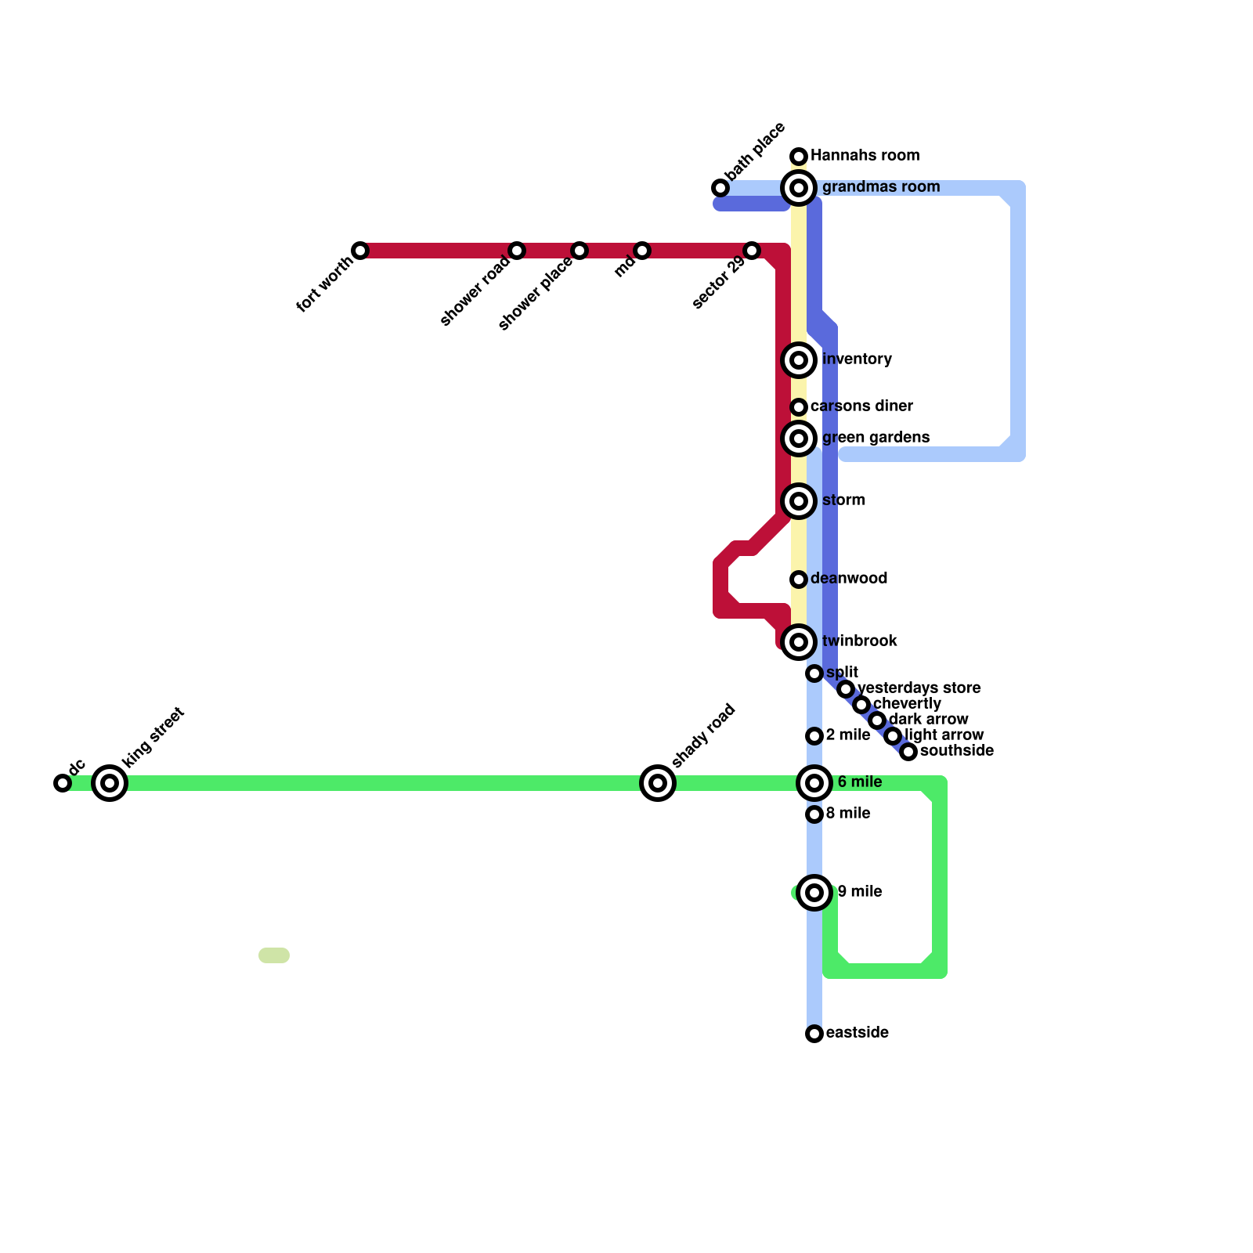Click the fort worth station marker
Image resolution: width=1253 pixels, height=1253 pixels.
360,251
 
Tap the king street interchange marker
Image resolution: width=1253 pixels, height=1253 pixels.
110,783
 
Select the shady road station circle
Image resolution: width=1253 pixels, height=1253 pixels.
658,783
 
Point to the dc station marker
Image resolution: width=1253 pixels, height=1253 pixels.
63,783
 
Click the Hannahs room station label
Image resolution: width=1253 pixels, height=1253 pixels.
865,156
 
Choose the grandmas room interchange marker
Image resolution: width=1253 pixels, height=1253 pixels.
799,188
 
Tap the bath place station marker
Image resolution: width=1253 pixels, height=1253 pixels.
720,188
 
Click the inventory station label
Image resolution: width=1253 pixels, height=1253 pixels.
857,359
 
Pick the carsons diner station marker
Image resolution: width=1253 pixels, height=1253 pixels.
799,407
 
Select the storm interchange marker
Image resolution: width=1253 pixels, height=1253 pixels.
799,501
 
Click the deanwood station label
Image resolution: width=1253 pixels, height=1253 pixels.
849,579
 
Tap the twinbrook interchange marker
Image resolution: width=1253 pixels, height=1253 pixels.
799,642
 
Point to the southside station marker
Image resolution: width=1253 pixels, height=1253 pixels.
908,752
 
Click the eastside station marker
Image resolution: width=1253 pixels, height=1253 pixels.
814,1034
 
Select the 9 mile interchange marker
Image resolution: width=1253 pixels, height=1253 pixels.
814,893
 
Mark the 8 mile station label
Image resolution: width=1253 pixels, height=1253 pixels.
848,814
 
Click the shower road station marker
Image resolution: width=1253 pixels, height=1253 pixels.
517,251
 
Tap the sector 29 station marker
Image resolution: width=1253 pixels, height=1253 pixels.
752,251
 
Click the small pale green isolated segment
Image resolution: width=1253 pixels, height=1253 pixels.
274,955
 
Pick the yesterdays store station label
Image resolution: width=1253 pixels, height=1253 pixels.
919,688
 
